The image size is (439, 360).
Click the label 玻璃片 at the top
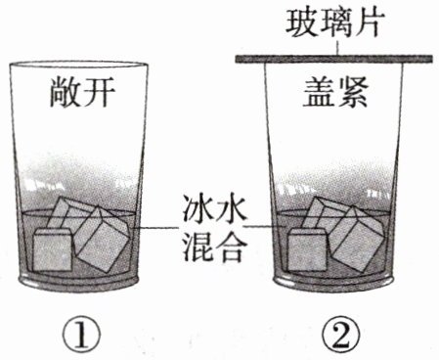click(x=335, y=22)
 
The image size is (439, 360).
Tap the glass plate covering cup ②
click(x=334, y=59)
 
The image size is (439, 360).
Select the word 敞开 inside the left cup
click(x=82, y=92)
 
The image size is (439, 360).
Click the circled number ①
click(x=81, y=335)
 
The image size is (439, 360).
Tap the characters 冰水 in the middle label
click(x=213, y=209)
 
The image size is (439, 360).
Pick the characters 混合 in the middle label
click(x=213, y=247)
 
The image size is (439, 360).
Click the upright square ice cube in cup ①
click(x=53, y=249)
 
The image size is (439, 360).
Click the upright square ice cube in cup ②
click(x=307, y=249)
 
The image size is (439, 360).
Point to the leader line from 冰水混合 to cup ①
click(x=156, y=227)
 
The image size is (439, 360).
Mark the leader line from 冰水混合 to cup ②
click(x=264, y=226)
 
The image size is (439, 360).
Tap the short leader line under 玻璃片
click(x=337, y=47)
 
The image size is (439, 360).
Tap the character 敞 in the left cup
click(x=65, y=92)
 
